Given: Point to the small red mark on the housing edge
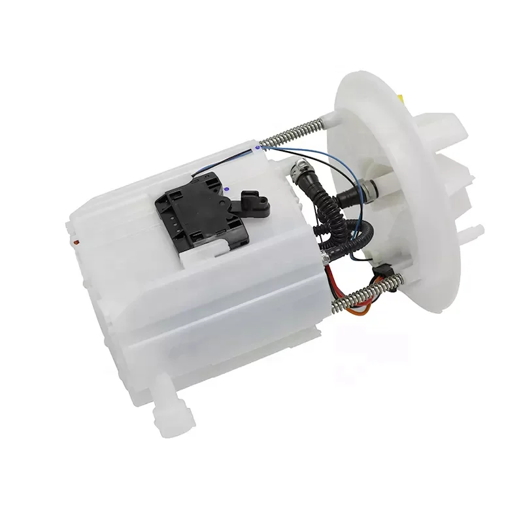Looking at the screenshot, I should pos(77,242).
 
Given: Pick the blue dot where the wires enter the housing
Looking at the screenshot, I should pos(258,148).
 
